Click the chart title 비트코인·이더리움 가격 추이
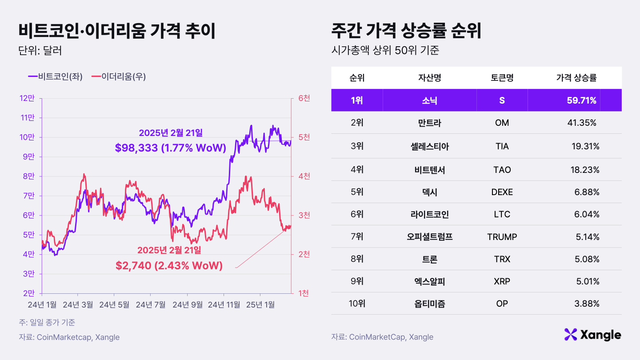[117, 32]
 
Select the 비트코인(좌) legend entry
[56, 76]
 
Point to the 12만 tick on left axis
[28, 98]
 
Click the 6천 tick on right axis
[304, 98]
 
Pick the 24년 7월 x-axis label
[151, 305]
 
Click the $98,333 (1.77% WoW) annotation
[171, 148]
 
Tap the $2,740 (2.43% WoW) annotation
[169, 266]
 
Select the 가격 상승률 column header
[576, 78]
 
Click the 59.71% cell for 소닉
[581, 100]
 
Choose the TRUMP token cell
[502, 237]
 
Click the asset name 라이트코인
[429, 215]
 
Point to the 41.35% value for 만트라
[581, 123]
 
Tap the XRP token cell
[502, 282]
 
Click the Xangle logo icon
[570, 335]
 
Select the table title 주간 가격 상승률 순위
[407, 32]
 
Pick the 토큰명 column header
[502, 78]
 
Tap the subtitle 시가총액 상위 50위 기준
[385, 51]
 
